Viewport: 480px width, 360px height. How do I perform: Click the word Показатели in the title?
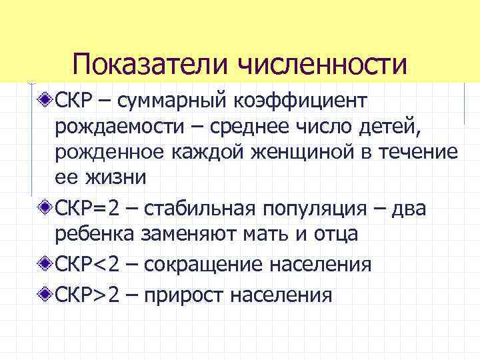[153, 65]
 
